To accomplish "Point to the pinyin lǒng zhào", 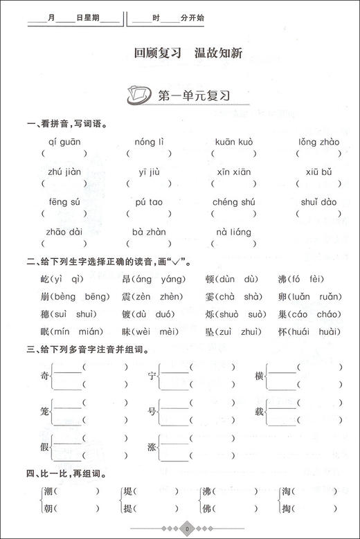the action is pos(319,143).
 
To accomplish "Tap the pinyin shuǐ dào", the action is pos(319,203).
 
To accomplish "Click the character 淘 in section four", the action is pos(286,492).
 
